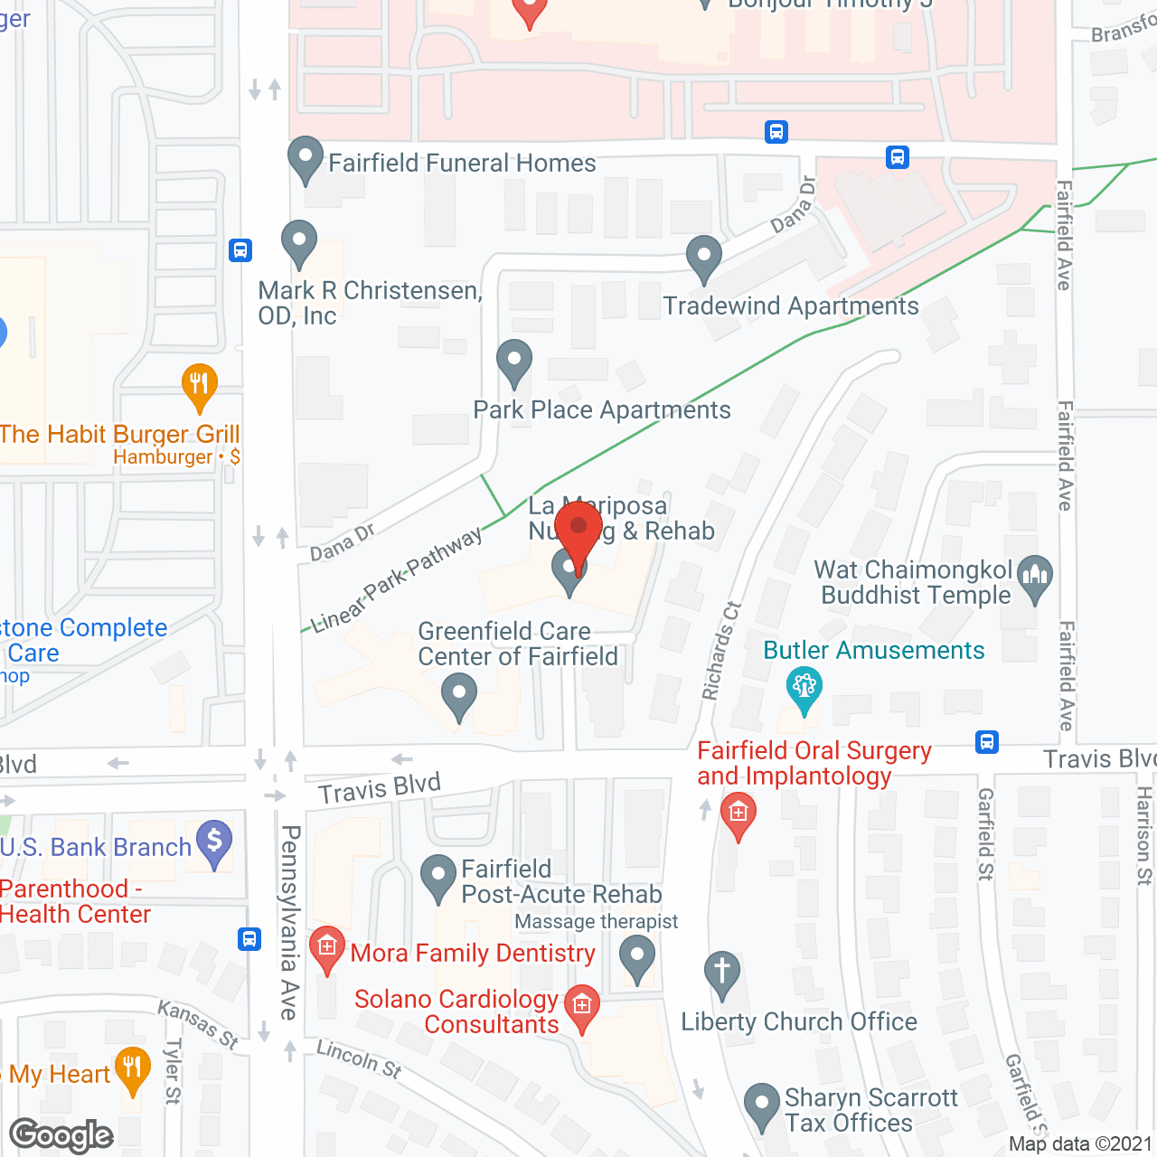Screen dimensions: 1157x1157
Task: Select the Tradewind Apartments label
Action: coord(791,306)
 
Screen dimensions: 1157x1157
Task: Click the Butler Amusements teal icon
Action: coord(804,688)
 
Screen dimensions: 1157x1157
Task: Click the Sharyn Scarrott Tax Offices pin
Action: coord(761,1105)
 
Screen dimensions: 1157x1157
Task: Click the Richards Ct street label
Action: coord(721,651)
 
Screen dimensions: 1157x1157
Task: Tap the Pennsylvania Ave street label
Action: coord(289,922)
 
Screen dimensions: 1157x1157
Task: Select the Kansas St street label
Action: coord(198,1025)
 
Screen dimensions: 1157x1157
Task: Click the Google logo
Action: coord(61,1135)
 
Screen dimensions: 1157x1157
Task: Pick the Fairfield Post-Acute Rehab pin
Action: coord(438,876)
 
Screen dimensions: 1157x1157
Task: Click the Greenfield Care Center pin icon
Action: coord(459,697)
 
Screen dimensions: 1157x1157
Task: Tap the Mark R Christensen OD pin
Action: coord(299,242)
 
